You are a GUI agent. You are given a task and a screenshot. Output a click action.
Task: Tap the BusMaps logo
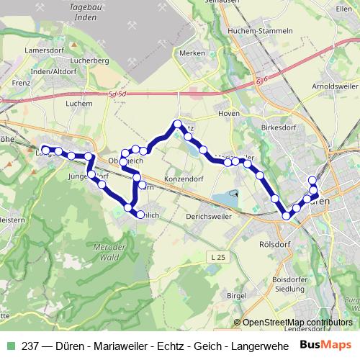point(325,344)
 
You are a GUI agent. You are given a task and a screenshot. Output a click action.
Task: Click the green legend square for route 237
point(9,345)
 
